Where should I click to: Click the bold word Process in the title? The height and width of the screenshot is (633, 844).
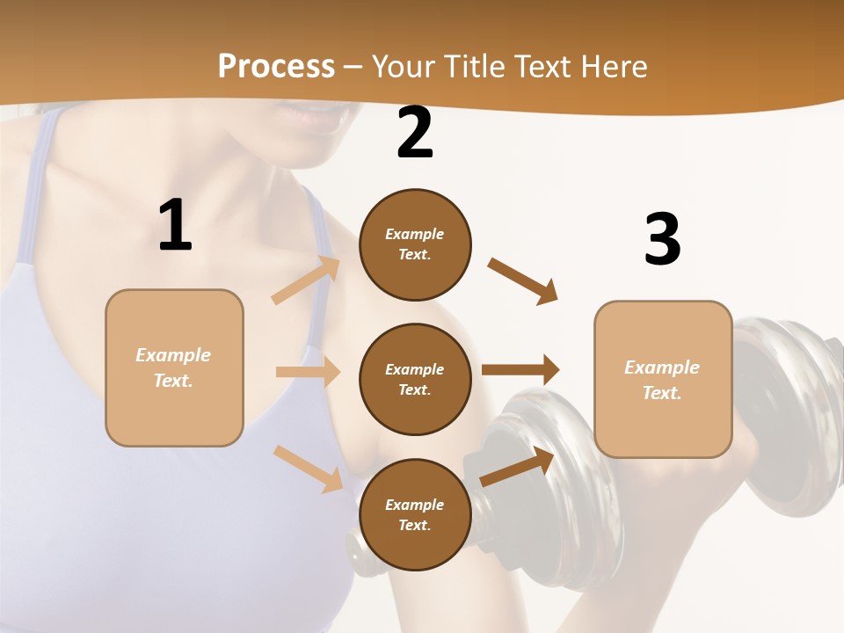[x=276, y=67]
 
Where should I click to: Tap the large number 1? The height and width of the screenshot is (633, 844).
[x=175, y=226]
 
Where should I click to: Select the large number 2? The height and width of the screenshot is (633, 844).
[x=415, y=133]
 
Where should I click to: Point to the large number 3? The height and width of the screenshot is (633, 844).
[x=662, y=239]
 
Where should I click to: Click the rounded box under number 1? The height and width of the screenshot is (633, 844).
[x=174, y=367]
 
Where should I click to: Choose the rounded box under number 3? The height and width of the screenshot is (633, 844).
[x=663, y=379]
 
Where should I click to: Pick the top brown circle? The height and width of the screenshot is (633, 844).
[x=415, y=244]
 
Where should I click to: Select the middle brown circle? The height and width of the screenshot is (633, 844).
[x=415, y=379]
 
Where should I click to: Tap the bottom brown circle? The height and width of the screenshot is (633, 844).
[x=415, y=514]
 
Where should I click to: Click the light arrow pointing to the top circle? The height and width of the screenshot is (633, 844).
[x=306, y=280]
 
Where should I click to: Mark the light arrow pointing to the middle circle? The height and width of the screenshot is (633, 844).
[x=308, y=372]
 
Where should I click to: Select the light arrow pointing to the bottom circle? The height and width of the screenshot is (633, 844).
[x=308, y=468]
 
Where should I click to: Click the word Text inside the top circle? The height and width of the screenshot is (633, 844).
[x=414, y=255]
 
